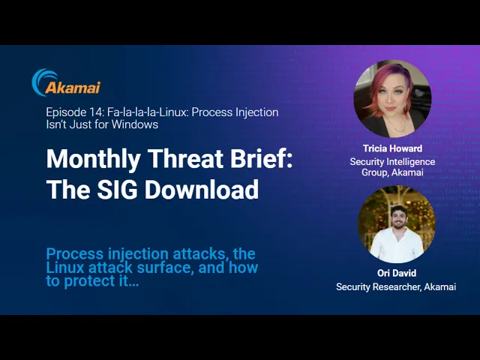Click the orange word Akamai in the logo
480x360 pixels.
pyautogui.click(x=73, y=88)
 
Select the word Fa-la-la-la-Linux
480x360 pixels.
pyautogui.click(x=148, y=112)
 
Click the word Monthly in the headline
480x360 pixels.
pyautogui.click(x=93, y=160)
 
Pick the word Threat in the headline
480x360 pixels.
pyautogui.click(x=186, y=158)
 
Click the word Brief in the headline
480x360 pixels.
pyautogui.click(x=261, y=158)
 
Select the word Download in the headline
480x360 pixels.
pyautogui.click(x=202, y=189)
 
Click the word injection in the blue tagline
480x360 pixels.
pyautogui.click(x=138, y=254)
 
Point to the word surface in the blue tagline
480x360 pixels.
pyautogui.click(x=165, y=268)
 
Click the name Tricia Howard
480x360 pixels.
pyautogui.click(x=393, y=148)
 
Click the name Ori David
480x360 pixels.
pyautogui.click(x=397, y=273)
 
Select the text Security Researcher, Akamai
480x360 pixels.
pyautogui.click(x=396, y=286)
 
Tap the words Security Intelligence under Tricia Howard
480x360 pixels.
pyautogui.click(x=392, y=162)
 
